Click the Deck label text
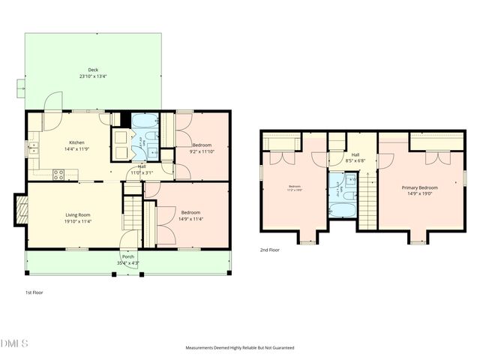(93, 70)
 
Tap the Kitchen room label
(76, 142)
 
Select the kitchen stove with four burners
(58, 175)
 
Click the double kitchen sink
(34, 149)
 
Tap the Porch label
(127, 257)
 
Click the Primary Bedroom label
(420, 187)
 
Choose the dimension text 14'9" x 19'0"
(420, 193)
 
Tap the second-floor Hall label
(355, 154)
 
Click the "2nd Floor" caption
(270, 250)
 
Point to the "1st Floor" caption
(34, 292)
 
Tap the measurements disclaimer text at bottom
(240, 348)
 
